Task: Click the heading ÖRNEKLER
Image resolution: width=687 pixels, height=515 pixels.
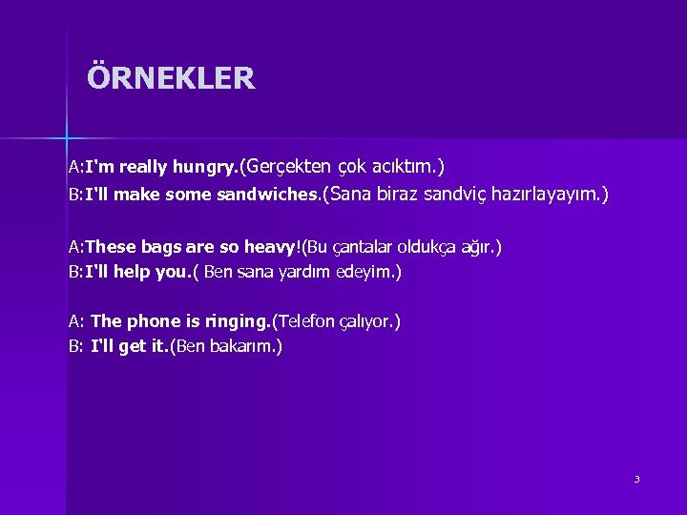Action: pyautogui.click(x=171, y=77)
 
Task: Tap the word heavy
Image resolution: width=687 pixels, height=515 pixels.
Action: pyautogui.click(x=270, y=248)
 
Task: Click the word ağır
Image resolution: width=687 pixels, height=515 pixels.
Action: pyautogui.click(x=476, y=248)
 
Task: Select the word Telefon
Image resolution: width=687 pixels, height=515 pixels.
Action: pyautogui.click(x=307, y=321)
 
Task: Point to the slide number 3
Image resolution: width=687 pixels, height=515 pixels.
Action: pyautogui.click(x=636, y=479)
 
